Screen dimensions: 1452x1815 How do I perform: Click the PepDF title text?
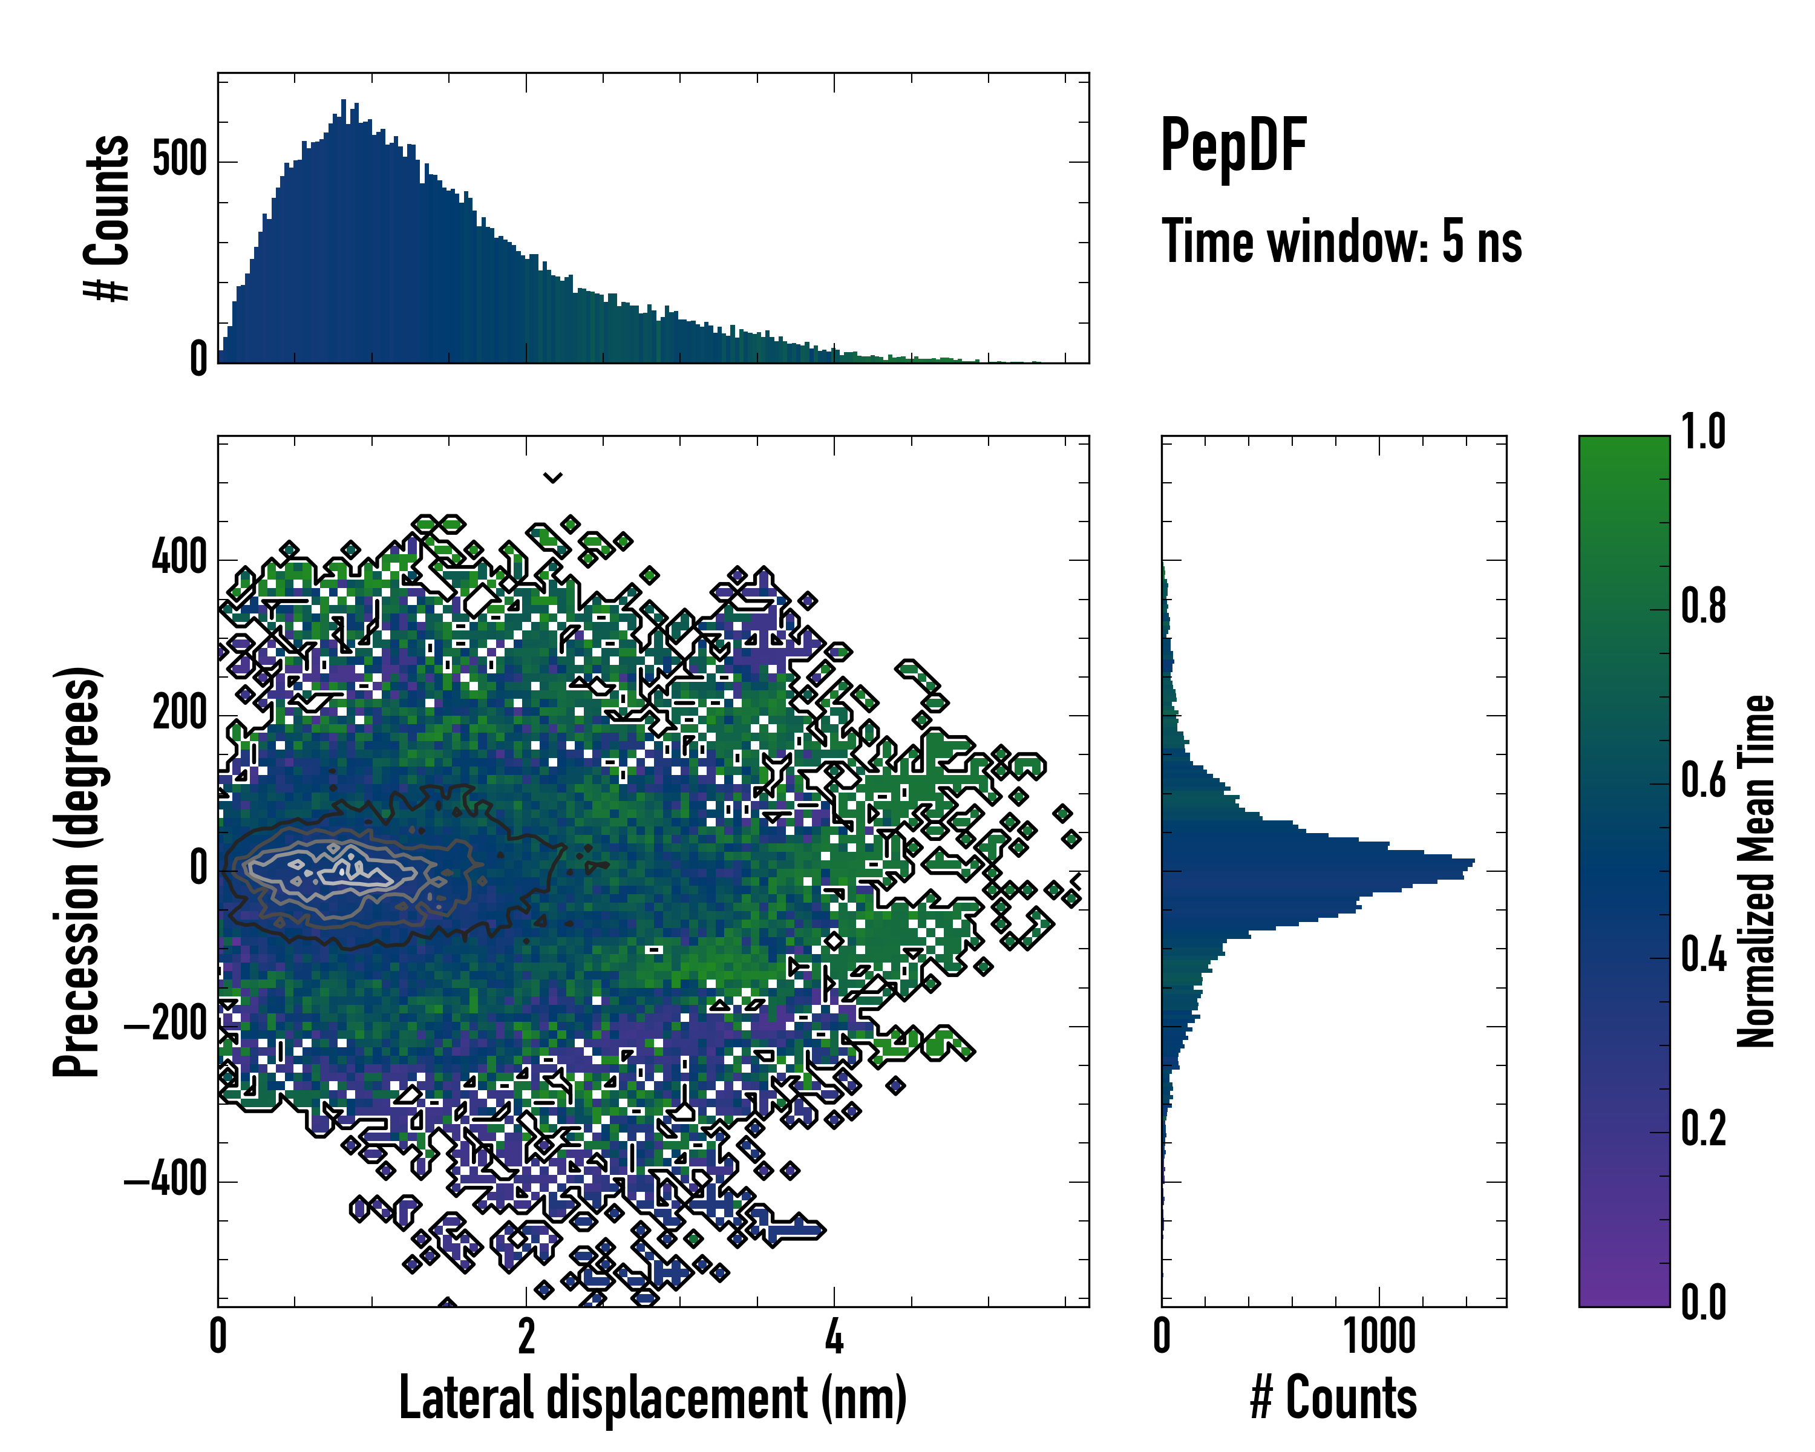[x=1232, y=146]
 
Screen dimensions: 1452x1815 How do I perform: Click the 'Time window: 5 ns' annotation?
[x=1341, y=241]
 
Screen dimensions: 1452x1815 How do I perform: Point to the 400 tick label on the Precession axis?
[x=178, y=558]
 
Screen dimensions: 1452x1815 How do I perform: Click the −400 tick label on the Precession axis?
[x=165, y=1180]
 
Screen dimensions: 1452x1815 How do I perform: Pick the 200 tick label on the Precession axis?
[x=178, y=714]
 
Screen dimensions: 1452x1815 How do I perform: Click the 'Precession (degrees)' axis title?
[x=77, y=871]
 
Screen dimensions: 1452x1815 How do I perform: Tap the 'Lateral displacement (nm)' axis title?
[x=652, y=1398]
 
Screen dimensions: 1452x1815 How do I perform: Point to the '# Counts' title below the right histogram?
[x=1333, y=1398]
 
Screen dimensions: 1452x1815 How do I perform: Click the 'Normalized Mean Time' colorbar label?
[x=1756, y=871]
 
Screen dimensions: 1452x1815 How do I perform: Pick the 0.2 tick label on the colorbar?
[x=1702, y=1129]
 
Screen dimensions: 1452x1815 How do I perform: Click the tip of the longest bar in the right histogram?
[x=1473, y=861]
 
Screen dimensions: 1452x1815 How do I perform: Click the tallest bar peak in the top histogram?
[x=344, y=101]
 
